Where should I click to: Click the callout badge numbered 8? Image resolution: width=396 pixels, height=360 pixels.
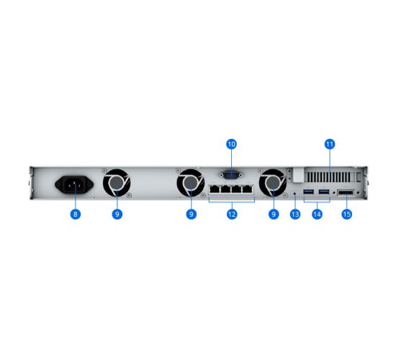[76, 215]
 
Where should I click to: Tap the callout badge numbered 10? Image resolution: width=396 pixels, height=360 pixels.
[231, 144]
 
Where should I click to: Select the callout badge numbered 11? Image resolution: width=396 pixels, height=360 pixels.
[330, 144]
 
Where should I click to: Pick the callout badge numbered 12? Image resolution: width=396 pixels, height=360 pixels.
[232, 215]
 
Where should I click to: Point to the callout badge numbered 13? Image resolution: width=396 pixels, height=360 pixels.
[295, 215]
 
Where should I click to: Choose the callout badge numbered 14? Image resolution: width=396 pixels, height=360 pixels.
[317, 215]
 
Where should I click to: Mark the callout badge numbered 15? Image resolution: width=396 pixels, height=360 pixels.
[347, 215]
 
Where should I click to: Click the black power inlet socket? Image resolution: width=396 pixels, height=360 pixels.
[74, 184]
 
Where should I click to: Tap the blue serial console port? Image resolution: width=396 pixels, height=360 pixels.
[231, 175]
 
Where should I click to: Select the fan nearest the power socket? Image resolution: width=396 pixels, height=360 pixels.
[117, 183]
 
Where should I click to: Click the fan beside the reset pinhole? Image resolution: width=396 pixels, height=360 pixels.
[273, 183]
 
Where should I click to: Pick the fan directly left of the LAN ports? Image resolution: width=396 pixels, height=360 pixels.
[191, 183]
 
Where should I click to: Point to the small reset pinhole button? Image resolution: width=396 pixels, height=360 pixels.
[294, 194]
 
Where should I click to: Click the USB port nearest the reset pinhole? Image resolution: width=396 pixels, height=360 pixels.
[309, 192]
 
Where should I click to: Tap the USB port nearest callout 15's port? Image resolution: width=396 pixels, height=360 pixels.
[324, 192]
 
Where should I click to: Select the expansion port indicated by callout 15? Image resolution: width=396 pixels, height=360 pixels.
[346, 193]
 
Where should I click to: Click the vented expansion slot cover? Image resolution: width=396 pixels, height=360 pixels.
[328, 177]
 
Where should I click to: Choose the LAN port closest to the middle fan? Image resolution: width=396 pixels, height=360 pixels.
[215, 189]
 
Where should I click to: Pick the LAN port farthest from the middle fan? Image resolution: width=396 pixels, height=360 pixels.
[248, 189]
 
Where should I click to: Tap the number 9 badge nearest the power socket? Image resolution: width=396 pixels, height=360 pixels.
[117, 215]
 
